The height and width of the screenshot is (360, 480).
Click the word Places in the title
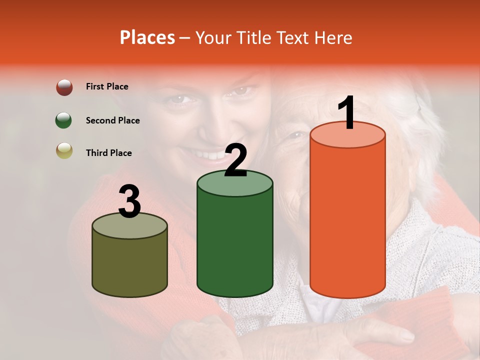click(x=147, y=37)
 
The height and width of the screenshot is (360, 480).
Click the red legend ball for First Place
click(x=64, y=87)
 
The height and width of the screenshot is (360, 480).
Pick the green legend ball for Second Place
click(x=64, y=120)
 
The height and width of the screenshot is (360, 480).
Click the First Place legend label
click(x=107, y=86)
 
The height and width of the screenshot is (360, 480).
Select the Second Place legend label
click(x=112, y=120)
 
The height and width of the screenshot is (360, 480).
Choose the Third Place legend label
click(x=108, y=153)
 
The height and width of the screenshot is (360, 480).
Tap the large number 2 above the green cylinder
click(x=235, y=160)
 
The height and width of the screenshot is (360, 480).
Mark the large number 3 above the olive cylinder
click(x=129, y=202)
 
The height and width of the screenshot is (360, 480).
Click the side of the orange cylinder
click(x=347, y=220)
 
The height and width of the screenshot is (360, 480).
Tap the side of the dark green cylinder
click(x=235, y=245)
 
